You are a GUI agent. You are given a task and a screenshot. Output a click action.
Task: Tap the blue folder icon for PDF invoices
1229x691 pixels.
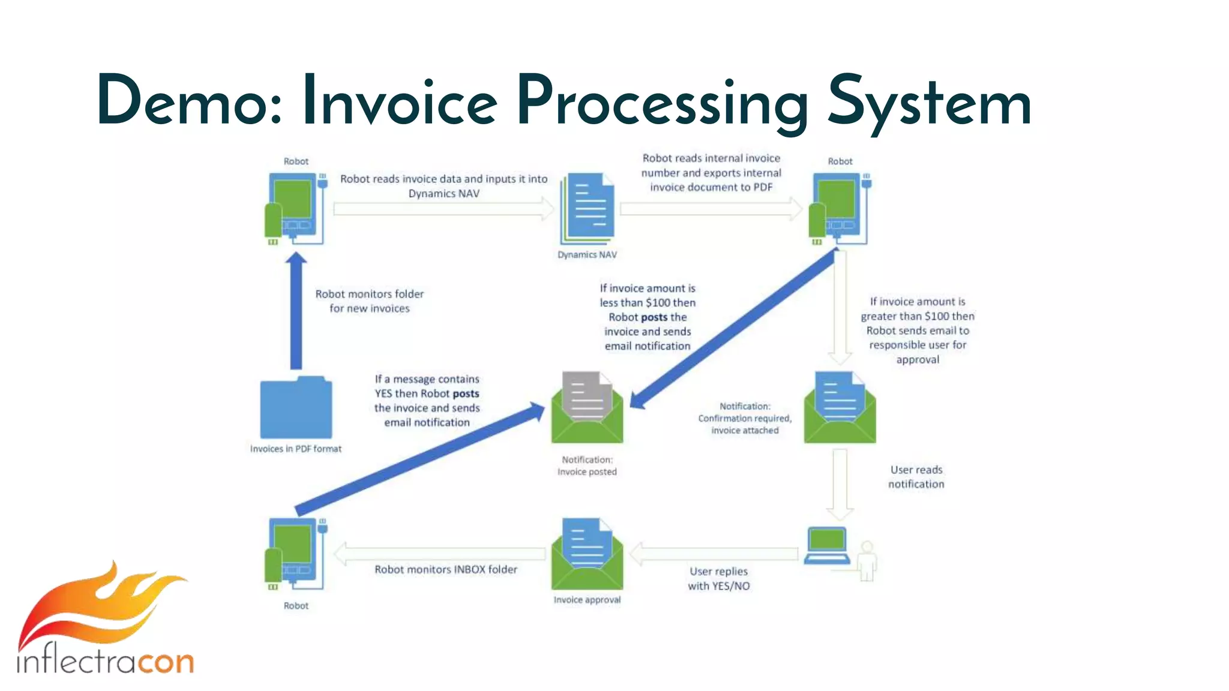[296, 409]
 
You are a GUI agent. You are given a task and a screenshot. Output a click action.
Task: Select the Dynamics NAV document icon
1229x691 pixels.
[588, 208]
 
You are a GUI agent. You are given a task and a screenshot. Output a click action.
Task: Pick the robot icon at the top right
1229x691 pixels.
[839, 208]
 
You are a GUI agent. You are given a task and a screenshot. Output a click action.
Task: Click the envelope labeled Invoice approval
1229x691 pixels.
[587, 555]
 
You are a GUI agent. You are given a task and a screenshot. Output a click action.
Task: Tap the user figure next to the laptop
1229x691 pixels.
[867, 561]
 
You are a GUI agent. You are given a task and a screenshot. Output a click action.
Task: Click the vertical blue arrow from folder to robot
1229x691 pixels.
[296, 312]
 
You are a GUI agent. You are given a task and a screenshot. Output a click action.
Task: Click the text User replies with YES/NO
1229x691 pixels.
[718, 579]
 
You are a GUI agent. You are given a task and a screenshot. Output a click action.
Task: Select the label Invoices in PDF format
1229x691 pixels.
[296, 449]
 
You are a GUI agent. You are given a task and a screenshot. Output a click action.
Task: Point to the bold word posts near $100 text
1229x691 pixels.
[654, 317]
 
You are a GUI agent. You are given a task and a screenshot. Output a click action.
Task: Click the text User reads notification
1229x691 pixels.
[916, 477]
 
